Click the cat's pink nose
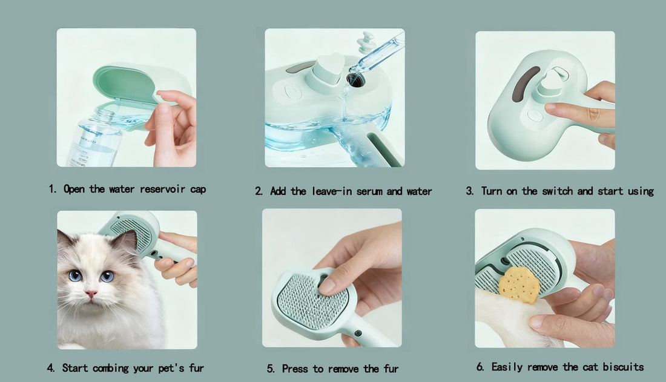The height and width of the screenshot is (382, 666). point(91,294)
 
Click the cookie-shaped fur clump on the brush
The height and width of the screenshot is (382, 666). point(519,285)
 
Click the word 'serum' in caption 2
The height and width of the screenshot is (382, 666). point(369,192)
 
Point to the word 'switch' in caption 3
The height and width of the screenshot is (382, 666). point(557,191)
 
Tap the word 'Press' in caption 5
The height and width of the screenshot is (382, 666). point(295,369)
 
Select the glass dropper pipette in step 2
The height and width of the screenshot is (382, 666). point(377,54)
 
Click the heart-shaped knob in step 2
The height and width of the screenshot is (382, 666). point(330,68)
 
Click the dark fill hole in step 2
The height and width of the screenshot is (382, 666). point(355,79)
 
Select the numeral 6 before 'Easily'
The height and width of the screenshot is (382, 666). point(480,367)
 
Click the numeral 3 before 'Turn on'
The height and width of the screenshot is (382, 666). point(469,191)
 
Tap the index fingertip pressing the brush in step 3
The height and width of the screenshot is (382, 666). point(552,108)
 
